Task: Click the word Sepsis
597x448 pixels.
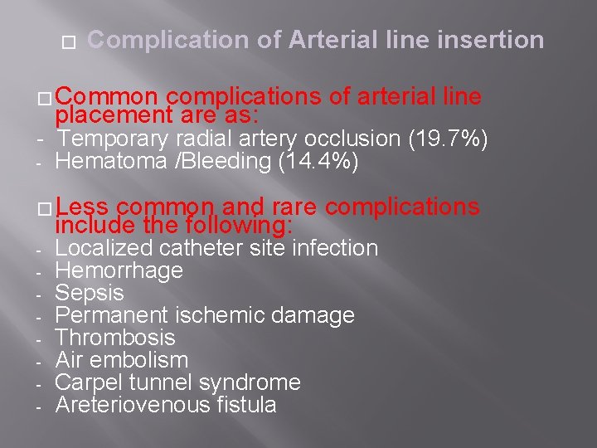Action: pos(89,293)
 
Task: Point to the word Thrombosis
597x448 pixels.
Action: pos(114,338)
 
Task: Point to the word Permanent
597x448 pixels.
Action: pos(107,315)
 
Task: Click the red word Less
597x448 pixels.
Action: pos(84,207)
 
